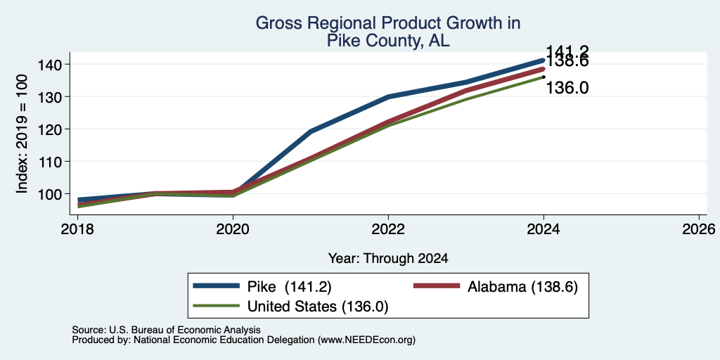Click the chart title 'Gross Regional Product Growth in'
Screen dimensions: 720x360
pos(388,23)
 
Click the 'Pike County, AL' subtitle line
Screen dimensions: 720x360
pos(388,41)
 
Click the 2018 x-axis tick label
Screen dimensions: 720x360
pos(77,229)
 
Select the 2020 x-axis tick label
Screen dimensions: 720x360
pos(233,229)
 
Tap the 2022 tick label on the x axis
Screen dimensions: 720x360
pos(388,229)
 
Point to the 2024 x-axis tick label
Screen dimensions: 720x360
pos(544,229)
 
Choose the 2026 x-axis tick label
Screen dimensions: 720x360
pos(699,229)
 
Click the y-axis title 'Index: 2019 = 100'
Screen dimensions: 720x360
pos(22,134)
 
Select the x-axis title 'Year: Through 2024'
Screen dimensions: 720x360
pos(388,259)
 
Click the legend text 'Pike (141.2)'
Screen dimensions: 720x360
pos(289,287)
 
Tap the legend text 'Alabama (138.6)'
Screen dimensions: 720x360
pos(522,287)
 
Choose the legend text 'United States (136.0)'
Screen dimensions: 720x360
pos(318,307)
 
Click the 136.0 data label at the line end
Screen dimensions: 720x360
pos(567,88)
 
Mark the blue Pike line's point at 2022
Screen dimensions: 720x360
pos(388,96)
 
